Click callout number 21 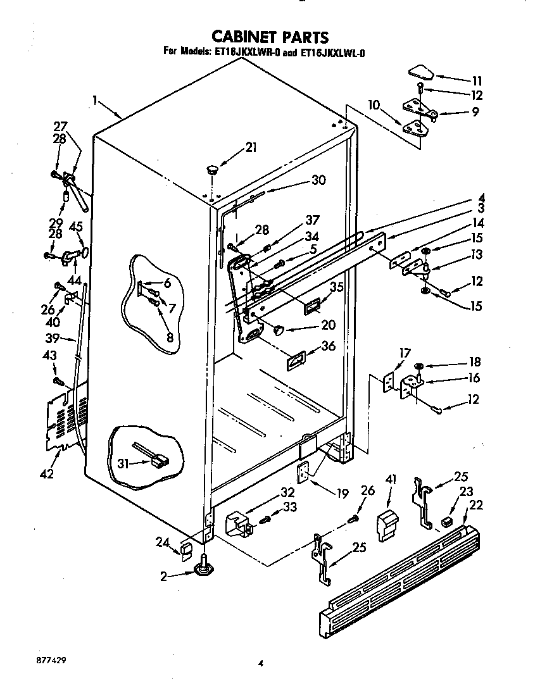[x=251, y=148]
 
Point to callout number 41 [x=390, y=480]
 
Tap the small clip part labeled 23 [x=447, y=521]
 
